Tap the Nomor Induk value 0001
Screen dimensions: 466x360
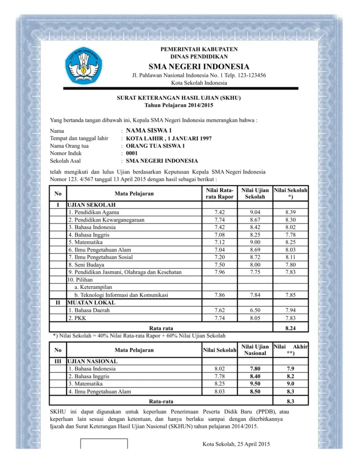click(132, 153)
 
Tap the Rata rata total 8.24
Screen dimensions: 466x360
click(292, 327)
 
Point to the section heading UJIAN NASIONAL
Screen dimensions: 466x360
click(92, 361)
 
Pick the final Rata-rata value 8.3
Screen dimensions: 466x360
click(292, 401)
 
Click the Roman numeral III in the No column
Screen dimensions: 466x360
click(57, 361)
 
